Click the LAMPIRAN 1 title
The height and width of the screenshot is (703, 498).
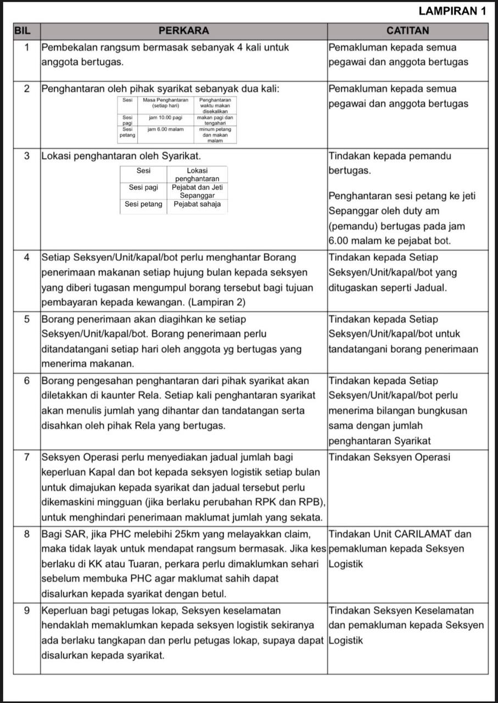click(x=452, y=11)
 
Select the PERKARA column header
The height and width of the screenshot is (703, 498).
click(x=183, y=30)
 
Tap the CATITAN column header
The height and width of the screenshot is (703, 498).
click(x=407, y=30)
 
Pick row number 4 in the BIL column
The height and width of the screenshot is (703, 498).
click(x=27, y=258)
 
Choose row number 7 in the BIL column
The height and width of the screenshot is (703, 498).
click(x=27, y=457)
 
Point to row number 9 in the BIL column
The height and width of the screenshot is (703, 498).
click(x=27, y=611)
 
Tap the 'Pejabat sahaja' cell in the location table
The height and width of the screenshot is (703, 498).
click(x=197, y=204)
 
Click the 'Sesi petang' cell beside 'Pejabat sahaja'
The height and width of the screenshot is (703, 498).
click(x=143, y=204)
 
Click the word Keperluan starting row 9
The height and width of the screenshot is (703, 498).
click(x=65, y=611)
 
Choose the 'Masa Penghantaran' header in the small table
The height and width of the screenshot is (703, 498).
click(x=165, y=100)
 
